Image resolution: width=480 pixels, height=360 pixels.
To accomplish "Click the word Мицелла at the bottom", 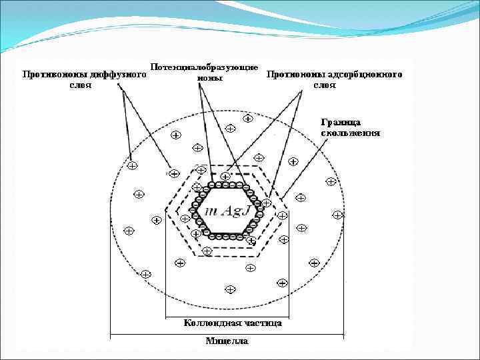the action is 226,341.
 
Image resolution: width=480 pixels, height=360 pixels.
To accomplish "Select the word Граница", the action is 341,122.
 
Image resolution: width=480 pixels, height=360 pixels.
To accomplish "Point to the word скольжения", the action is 351,132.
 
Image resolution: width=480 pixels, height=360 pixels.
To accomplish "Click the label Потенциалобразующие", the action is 205,67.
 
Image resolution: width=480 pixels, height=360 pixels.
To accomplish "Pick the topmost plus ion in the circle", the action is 247,119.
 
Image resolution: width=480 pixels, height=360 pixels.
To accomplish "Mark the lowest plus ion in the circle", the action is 231,289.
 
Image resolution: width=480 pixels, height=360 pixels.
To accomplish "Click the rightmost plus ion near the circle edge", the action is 338,215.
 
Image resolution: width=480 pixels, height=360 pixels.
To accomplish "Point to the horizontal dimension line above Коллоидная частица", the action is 227,316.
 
